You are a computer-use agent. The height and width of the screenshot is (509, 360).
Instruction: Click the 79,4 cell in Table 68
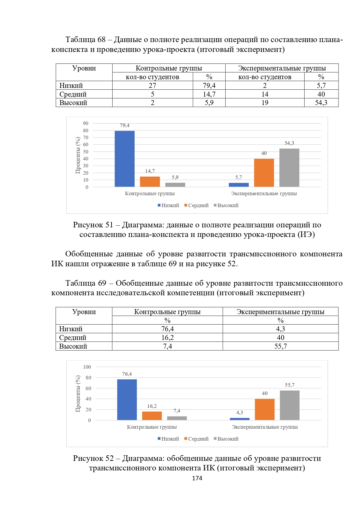tap(209, 86)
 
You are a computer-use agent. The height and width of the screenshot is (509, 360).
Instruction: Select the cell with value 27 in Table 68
tap(152, 86)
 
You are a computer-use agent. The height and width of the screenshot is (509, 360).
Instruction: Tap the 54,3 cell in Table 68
tap(321, 103)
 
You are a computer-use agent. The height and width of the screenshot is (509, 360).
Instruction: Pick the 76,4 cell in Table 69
tap(167, 329)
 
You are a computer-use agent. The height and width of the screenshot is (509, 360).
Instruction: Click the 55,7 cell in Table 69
tap(281, 346)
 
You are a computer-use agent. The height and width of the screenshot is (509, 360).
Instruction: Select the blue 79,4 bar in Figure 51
tap(124, 159)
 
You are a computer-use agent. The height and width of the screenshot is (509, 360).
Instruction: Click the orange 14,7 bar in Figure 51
tap(150, 182)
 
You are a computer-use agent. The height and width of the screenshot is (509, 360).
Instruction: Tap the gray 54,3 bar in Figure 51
tap(289, 168)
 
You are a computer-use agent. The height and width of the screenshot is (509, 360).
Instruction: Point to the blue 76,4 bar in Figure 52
tap(127, 400)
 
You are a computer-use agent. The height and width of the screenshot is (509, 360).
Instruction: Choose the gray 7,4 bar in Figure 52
tap(177, 418)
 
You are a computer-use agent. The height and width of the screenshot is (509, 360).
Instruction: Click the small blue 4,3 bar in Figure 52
tap(240, 419)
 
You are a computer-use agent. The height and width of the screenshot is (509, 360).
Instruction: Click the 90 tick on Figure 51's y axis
tap(86, 123)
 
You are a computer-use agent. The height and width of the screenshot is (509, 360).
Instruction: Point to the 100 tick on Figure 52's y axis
tap(87, 367)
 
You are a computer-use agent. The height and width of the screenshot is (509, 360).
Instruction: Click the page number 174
tap(197, 478)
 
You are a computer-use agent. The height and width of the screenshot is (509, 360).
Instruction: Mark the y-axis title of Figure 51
tap(78, 155)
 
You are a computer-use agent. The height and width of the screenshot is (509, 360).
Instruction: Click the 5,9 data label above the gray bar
tap(175, 177)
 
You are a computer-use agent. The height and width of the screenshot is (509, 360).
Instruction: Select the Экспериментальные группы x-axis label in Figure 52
tap(265, 427)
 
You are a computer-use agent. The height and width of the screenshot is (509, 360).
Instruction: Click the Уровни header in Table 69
tap(84, 312)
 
